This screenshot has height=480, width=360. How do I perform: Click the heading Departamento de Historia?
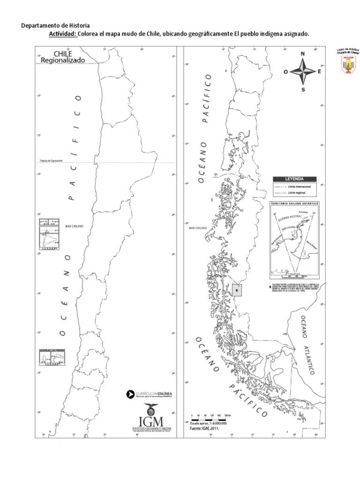[x=56, y=25]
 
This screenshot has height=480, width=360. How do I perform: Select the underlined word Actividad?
[x=62, y=34]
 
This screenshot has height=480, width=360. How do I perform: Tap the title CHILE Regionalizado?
[x=69, y=57]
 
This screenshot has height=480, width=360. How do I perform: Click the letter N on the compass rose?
[x=303, y=54]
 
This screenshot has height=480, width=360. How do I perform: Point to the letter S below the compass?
[x=303, y=90]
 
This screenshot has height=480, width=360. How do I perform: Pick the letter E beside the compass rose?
[x=320, y=72]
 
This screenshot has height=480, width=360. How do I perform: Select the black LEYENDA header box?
[x=294, y=179]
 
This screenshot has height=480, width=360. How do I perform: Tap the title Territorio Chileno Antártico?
[x=295, y=204]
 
